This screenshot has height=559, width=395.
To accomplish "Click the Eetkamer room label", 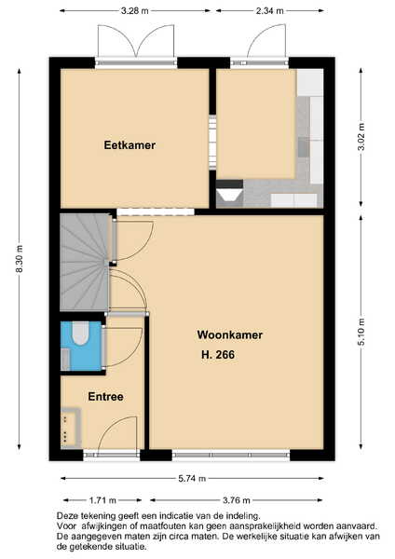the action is tap(129, 145).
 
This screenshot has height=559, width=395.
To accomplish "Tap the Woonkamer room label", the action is tap(229, 334).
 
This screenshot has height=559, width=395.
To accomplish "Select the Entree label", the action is tap(105, 397).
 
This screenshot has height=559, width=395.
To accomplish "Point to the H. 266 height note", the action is tap(218, 354).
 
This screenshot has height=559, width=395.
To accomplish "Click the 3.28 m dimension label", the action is tap(134, 10).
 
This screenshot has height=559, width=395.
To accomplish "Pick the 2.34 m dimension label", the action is tap(269, 10).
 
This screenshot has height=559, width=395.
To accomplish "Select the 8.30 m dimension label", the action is tap(20, 259).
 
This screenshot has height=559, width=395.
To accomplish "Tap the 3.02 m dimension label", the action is tap(361, 137).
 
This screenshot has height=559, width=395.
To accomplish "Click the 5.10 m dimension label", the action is tap(361, 332).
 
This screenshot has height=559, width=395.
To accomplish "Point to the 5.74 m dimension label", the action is tap(192, 479).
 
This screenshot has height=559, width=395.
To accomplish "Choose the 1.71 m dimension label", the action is tap(102, 500).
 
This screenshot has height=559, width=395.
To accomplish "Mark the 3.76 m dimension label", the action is tap(237, 500).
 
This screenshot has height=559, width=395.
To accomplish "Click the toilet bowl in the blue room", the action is tap(80, 334).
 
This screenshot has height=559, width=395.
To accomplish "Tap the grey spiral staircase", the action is tap(85, 262).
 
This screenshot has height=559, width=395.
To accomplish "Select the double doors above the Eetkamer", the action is tap(136, 41).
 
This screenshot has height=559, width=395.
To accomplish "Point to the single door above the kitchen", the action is tap(266, 41).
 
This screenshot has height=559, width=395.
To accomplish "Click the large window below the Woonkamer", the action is tap(231, 455).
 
